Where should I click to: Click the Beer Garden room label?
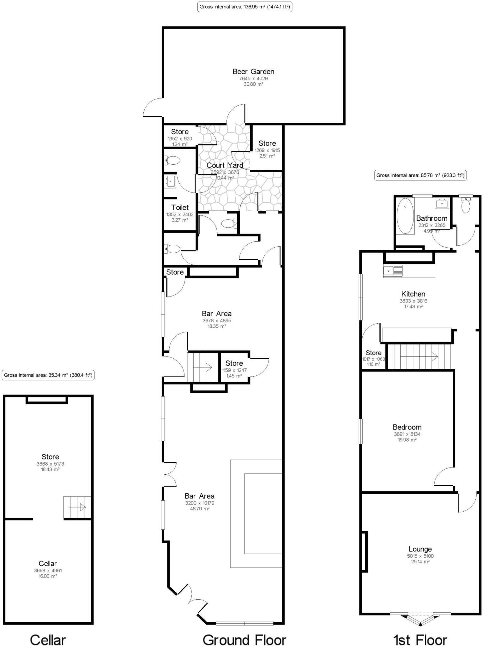point(253,72)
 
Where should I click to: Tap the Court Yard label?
point(225,165)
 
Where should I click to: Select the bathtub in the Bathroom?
point(405,216)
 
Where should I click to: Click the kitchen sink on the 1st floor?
point(393,271)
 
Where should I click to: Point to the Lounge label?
point(420,549)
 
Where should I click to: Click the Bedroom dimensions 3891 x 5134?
point(407,434)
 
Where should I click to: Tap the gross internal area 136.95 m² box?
point(245,7)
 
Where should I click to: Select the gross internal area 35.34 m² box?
point(48,375)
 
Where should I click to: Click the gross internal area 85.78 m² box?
point(420,175)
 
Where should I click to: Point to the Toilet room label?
point(180,208)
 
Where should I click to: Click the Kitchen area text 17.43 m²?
point(413,307)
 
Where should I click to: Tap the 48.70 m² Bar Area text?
point(200,509)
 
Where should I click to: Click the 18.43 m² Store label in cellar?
point(50,469)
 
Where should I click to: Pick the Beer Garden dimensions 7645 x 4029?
point(253,79)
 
